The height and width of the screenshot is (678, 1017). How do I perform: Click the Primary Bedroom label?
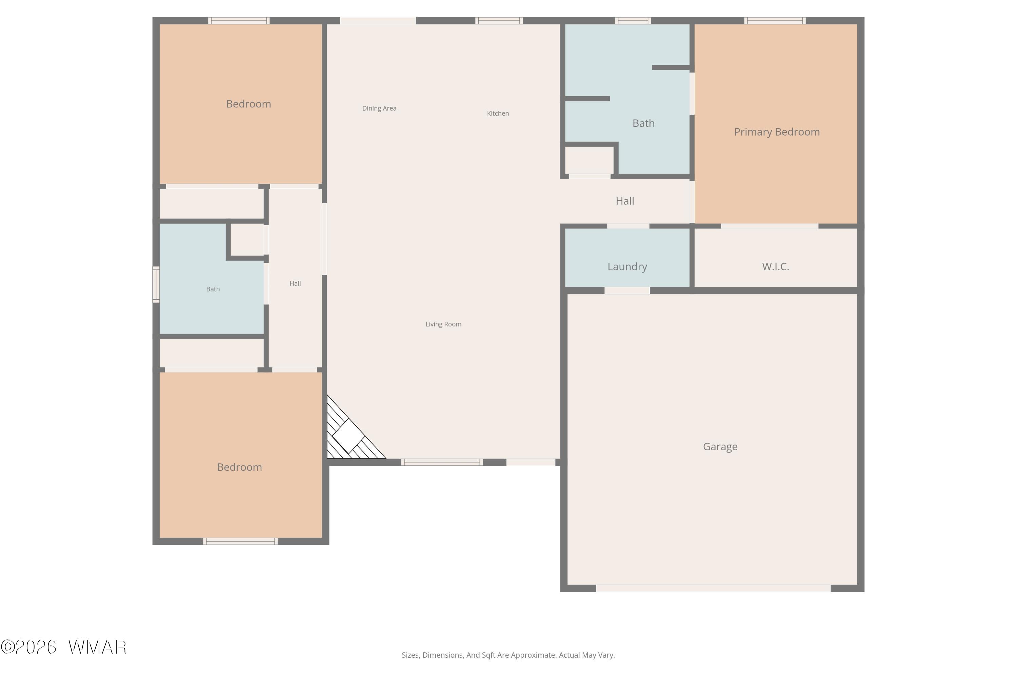(x=777, y=132)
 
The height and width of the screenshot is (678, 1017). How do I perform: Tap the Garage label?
(x=720, y=447)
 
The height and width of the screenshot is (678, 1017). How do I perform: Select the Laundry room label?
(x=627, y=267)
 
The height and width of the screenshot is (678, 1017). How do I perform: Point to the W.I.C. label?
(x=775, y=266)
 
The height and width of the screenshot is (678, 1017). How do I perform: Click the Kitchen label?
(x=498, y=113)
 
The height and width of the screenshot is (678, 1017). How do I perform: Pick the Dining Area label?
(x=379, y=108)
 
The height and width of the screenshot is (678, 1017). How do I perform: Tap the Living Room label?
(x=443, y=324)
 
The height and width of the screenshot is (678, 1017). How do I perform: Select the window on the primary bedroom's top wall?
(x=774, y=21)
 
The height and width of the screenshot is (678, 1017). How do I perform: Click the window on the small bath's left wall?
(x=156, y=284)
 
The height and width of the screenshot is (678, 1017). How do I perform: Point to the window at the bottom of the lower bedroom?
(x=240, y=541)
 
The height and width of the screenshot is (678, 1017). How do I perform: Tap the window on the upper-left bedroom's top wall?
(x=239, y=21)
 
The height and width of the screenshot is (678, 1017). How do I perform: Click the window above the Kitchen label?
(x=499, y=21)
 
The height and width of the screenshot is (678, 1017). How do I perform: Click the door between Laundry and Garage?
(x=627, y=291)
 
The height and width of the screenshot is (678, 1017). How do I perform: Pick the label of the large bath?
(x=643, y=123)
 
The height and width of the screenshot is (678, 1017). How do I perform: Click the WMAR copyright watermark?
(x=64, y=647)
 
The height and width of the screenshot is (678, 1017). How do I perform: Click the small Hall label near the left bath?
(x=295, y=284)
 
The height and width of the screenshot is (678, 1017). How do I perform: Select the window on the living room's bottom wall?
(x=442, y=462)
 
